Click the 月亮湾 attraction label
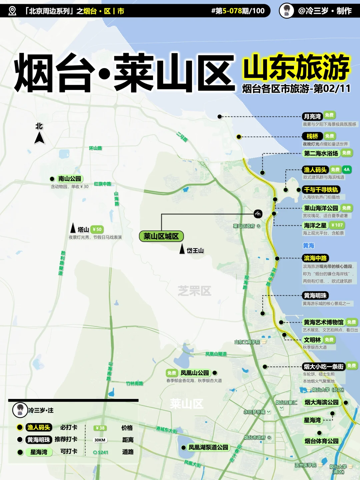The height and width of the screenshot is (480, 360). pyautogui.click(x=312, y=116)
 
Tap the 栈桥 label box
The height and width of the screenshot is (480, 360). pyautogui.click(x=312, y=136)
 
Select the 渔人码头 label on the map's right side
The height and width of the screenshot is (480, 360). pyautogui.click(x=315, y=170)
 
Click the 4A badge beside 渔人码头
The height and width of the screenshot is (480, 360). pyautogui.click(x=347, y=169)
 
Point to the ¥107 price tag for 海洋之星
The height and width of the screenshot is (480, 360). pyautogui.click(x=337, y=225)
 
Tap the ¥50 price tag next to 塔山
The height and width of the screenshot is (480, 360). pyautogui.click(x=97, y=229)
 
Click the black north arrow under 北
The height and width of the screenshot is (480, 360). pyautogui.click(x=39, y=138)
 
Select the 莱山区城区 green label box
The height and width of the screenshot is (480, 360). pyautogui.click(x=161, y=236)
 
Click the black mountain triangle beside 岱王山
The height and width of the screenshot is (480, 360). pyautogui.click(x=182, y=249)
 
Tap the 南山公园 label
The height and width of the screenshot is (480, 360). pyautogui.click(x=70, y=179)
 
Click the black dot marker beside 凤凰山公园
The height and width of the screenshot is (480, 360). pyautogui.click(x=215, y=373)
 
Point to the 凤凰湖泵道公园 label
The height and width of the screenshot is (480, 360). pyautogui.click(x=208, y=447)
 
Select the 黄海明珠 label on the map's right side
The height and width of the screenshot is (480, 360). pyautogui.click(x=315, y=295)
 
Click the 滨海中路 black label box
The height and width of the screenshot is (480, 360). pyautogui.click(x=315, y=258)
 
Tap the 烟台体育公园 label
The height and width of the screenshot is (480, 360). pyautogui.click(x=322, y=441)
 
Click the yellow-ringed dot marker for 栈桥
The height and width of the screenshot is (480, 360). pyautogui.click(x=239, y=137)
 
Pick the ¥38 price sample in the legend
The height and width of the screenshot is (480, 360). pyautogui.click(x=100, y=428)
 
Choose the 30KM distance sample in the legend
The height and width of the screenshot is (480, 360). pyautogui.click(x=100, y=440)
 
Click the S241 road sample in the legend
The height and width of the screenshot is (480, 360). pyautogui.click(x=101, y=452)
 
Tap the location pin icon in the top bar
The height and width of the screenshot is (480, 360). pyautogui.click(x=12, y=11)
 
